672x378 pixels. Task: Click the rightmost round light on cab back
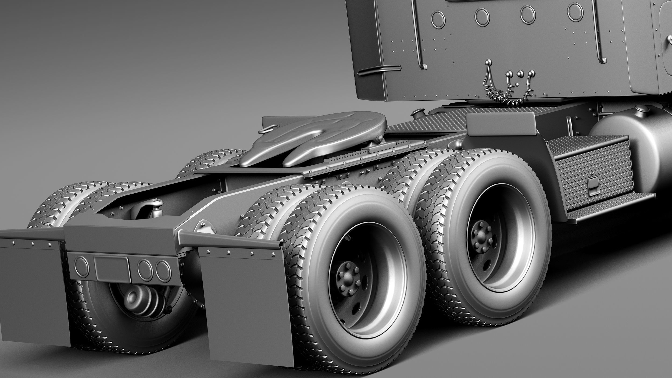coord(574,11)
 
